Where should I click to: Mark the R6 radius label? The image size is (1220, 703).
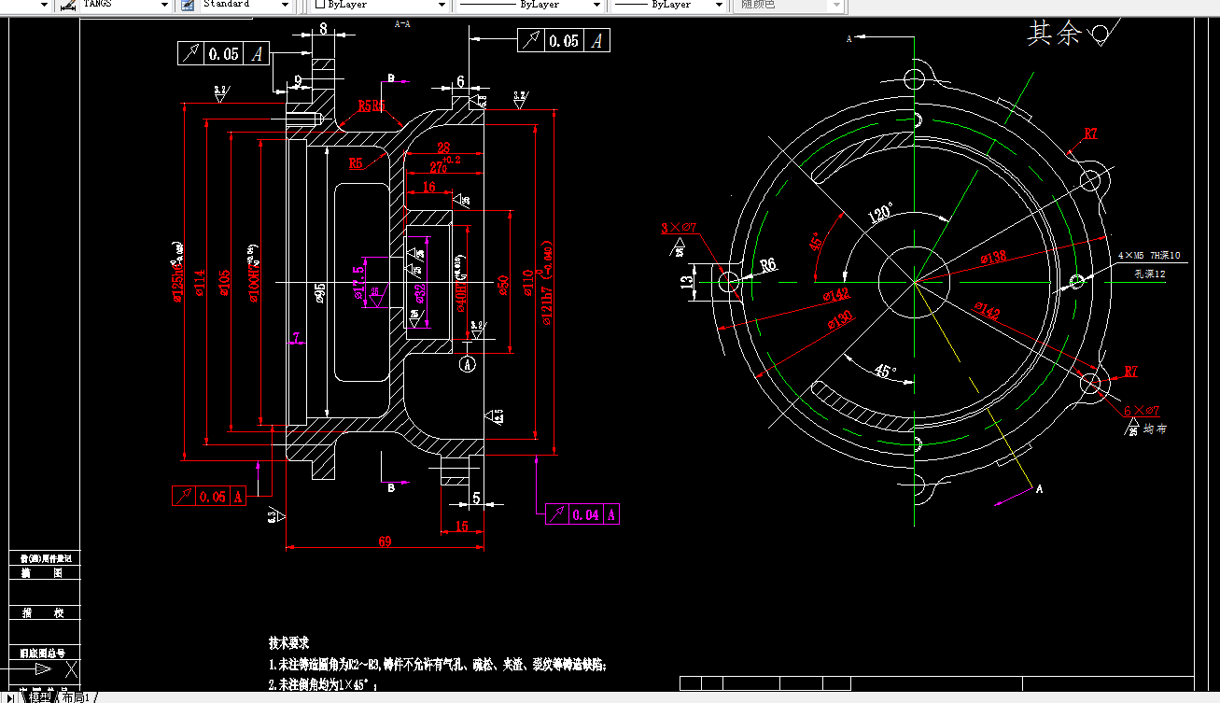[x=768, y=264]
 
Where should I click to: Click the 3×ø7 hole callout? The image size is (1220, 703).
[x=679, y=228]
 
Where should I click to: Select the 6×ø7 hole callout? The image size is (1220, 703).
[x=1141, y=411]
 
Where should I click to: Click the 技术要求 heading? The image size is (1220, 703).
[x=288, y=643]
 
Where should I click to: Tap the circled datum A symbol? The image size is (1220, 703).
[x=469, y=364]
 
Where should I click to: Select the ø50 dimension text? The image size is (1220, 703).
[x=502, y=284]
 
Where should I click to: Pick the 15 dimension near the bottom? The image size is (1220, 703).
[x=461, y=527]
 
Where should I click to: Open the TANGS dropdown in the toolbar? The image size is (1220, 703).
[x=164, y=5]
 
